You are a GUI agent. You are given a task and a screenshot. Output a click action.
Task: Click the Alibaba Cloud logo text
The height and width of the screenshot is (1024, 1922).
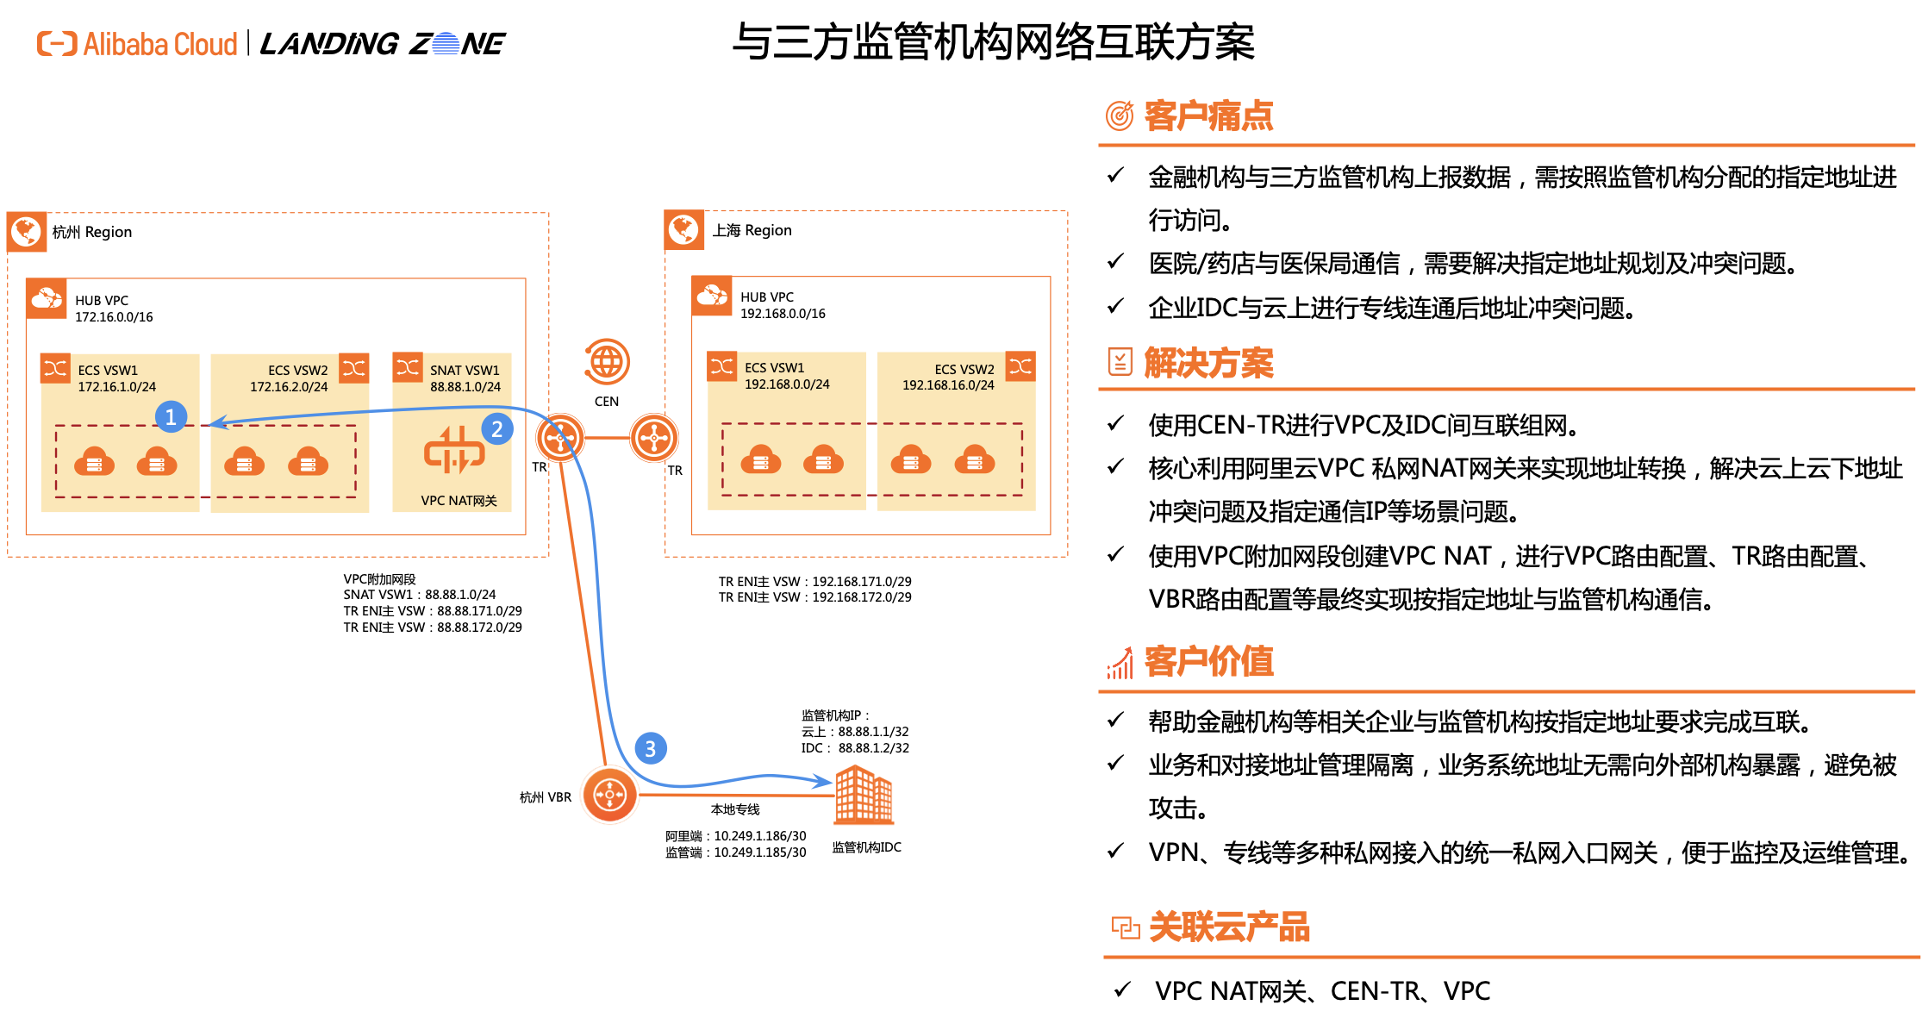(159, 44)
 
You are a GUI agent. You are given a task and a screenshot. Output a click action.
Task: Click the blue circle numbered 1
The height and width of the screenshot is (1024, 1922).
(171, 417)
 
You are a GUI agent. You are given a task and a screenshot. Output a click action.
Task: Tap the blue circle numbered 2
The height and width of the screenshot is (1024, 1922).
(497, 429)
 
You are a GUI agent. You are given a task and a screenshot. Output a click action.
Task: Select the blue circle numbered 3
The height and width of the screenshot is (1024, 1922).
(651, 749)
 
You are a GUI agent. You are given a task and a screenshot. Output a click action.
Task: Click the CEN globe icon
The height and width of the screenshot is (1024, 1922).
(607, 362)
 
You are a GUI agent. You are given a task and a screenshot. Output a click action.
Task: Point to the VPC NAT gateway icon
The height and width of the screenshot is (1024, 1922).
(454, 451)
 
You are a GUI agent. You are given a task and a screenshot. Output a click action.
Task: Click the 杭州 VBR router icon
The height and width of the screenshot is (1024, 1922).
(609, 795)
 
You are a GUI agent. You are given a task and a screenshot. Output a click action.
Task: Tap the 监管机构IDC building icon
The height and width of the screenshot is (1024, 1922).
(864, 794)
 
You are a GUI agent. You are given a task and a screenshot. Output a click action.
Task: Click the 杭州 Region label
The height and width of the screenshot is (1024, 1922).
(92, 232)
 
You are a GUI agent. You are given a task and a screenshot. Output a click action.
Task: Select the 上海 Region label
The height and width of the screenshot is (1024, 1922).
(752, 230)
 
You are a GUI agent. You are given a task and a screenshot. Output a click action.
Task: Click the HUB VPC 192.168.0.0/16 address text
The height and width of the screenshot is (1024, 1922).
(783, 314)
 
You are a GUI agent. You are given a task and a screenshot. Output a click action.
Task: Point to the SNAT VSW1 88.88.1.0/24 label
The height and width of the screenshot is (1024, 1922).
(465, 378)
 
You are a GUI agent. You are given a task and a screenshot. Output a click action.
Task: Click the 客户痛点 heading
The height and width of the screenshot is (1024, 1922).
(1208, 116)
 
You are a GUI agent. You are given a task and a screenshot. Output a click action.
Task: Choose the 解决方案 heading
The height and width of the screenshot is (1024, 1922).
(1208, 364)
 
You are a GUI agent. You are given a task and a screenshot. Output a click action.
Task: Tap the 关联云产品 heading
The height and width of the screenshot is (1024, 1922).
(1229, 927)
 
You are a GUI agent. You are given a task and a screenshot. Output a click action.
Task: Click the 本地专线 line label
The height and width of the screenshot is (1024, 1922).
(735, 809)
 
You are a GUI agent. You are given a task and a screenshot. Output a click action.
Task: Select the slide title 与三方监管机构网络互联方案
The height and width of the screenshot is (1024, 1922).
(993, 42)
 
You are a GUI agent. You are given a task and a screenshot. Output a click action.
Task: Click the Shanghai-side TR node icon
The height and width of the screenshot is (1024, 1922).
(654, 438)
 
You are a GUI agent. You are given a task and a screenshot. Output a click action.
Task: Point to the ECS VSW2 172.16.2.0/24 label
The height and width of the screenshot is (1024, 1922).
(290, 378)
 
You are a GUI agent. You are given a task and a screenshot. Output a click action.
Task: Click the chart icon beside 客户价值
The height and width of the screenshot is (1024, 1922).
(1120, 663)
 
